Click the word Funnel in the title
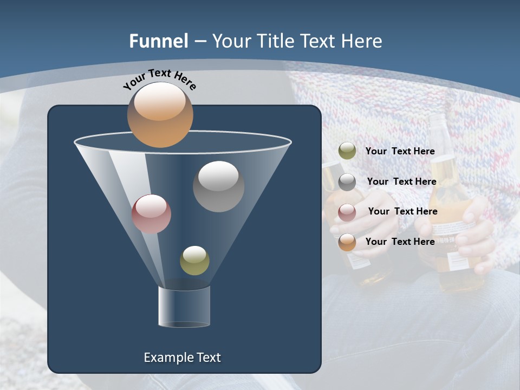(159, 41)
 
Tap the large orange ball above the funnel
(160, 114)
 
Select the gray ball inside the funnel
(218, 186)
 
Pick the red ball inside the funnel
(151, 214)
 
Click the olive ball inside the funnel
(194, 261)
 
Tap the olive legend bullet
(347, 151)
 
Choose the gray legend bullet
(347, 182)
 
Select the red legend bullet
(347, 212)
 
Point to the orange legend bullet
(347, 242)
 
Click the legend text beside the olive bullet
(400, 151)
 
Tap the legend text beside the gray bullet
(401, 181)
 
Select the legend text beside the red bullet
(402, 211)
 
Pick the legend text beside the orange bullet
(400, 242)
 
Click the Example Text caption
(182, 357)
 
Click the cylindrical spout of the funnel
(184, 307)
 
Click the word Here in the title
(361, 41)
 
